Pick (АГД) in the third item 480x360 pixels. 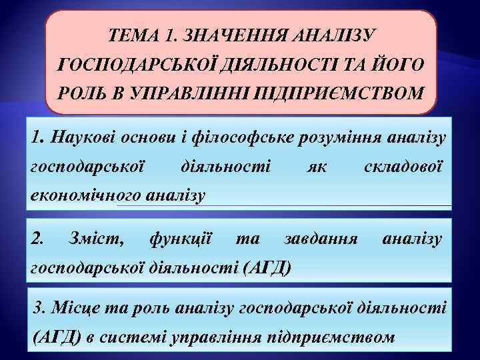click(57, 337)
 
